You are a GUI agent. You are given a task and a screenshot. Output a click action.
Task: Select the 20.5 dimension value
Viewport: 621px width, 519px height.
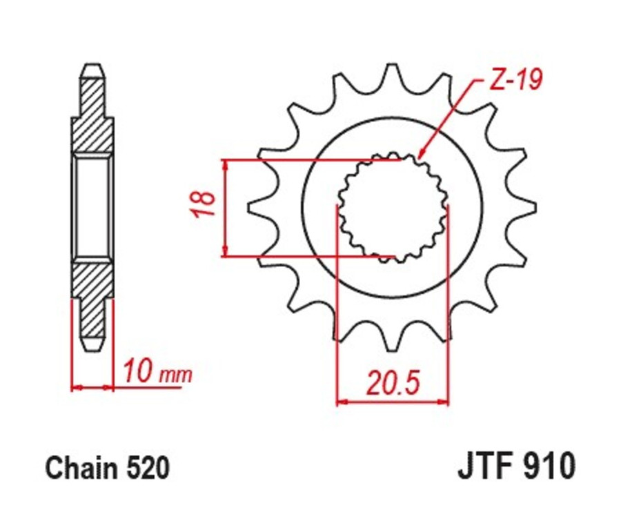(393, 382)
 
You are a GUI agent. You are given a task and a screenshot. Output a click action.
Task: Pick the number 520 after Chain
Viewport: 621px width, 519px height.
(146, 469)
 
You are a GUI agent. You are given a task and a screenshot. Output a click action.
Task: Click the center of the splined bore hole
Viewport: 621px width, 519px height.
(392, 207)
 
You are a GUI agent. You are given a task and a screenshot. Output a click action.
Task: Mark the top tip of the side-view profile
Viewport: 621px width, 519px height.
(92, 67)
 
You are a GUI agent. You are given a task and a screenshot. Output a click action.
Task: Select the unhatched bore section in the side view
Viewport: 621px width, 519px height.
(92, 206)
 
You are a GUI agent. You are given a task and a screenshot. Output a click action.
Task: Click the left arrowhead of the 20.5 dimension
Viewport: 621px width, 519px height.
(342, 400)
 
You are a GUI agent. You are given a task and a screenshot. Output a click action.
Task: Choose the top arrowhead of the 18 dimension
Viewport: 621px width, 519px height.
(225, 166)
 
